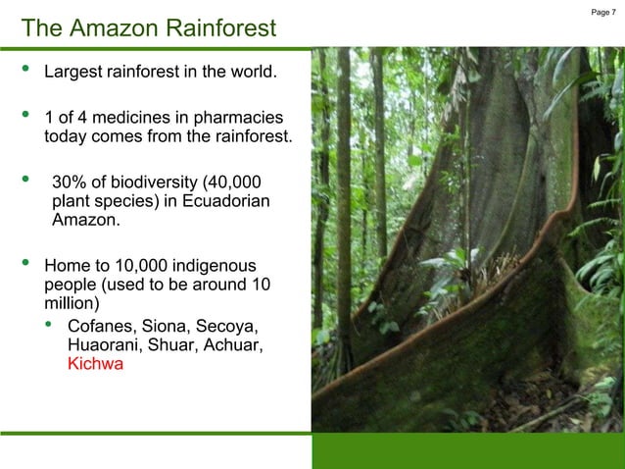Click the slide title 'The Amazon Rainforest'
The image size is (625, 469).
pyautogui.click(x=149, y=27)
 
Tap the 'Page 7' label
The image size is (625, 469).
pyautogui.click(x=603, y=12)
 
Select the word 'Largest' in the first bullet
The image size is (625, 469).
pyautogui.click(x=76, y=73)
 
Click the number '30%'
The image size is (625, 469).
pyautogui.click(x=69, y=182)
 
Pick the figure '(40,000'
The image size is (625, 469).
pyautogui.click(x=228, y=182)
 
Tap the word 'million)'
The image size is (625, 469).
pyautogui.click(x=73, y=303)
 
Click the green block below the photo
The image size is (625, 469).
pyautogui.click(x=467, y=450)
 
